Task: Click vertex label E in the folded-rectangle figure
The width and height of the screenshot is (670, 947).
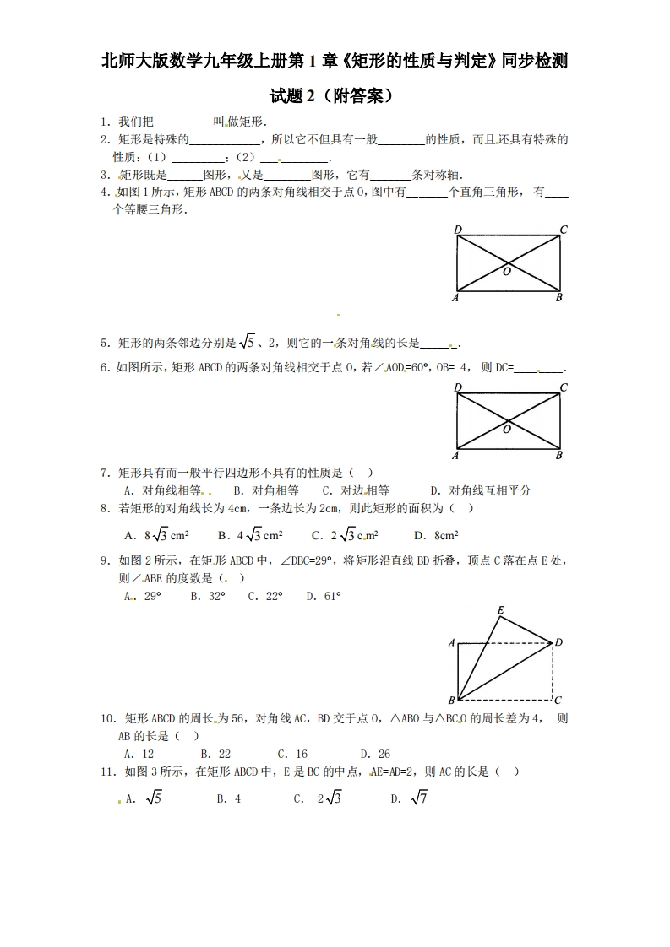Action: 501,609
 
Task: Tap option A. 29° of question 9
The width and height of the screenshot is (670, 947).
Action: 142,596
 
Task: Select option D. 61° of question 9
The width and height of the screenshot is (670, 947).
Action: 323,596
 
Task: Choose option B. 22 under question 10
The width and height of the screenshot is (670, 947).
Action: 215,754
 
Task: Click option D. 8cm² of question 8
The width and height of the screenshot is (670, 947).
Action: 436,535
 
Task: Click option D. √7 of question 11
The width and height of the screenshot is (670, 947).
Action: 410,798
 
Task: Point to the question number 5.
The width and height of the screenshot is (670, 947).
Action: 104,343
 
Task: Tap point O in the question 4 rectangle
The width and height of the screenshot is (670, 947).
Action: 507,272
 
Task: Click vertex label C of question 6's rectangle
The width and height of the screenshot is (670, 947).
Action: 563,387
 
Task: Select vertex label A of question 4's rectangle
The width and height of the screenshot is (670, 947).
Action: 456,298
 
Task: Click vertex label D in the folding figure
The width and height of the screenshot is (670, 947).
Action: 558,642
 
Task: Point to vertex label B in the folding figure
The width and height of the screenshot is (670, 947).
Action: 451,701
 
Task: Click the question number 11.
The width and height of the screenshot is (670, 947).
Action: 107,771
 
